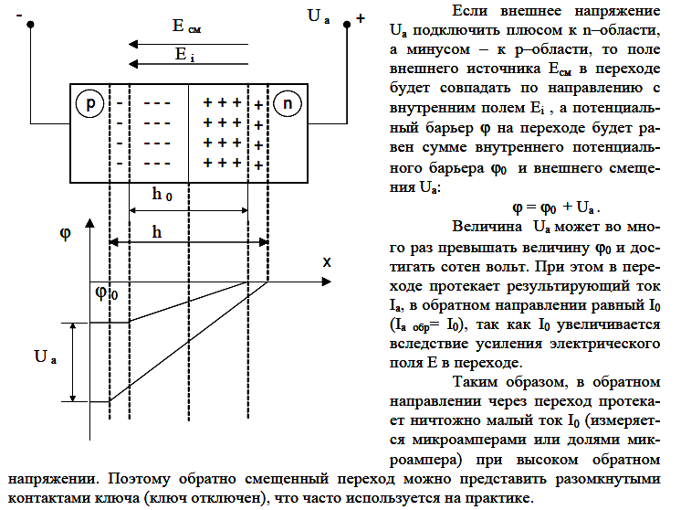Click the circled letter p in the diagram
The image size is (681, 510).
89,103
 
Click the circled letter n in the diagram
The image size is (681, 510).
287,103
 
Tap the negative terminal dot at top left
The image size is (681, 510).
30,25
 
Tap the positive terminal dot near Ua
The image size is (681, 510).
347,25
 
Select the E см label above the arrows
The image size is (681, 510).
186,27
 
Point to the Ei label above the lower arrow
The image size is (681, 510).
184,54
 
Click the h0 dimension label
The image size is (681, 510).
162,194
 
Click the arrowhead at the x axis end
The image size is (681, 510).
327,282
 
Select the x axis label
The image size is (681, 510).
327,261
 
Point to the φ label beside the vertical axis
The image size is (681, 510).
65,233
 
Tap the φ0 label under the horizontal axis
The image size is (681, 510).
107,293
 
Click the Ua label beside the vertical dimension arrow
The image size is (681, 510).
45,357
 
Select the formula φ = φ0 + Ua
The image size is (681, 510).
556,207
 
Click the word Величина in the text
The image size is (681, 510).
487,227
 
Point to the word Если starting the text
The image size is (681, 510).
470,11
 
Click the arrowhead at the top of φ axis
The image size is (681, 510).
89,223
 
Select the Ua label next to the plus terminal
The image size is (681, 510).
319,16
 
